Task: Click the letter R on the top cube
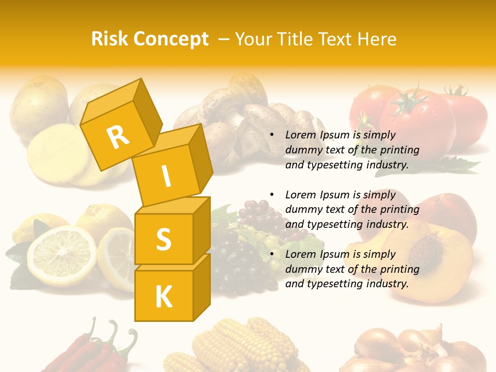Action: [118, 137]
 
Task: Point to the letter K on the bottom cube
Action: [163, 297]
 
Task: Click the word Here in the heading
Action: [375, 39]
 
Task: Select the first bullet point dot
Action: [272, 135]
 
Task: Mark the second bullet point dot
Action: [272, 195]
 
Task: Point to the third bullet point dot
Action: [272, 254]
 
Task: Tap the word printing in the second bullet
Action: [399, 209]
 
